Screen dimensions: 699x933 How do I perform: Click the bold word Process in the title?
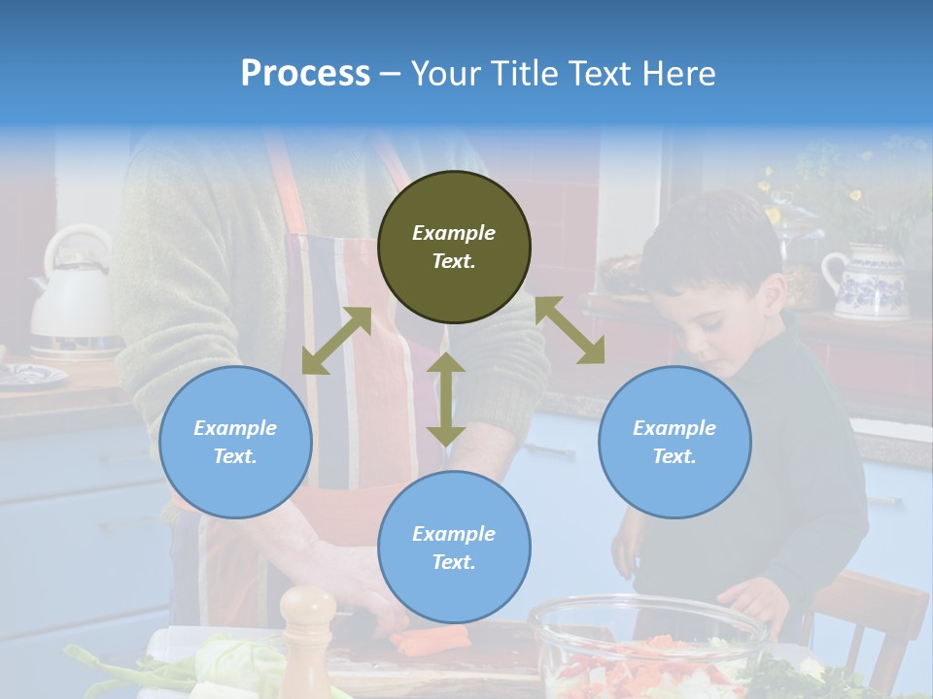[x=305, y=73]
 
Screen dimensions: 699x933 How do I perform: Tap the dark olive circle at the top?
[x=454, y=247]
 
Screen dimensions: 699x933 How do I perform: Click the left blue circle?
[x=235, y=442]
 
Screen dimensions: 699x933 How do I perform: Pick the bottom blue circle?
[x=454, y=548]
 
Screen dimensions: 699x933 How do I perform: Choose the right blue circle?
[x=674, y=442]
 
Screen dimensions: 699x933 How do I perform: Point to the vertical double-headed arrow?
[x=446, y=399]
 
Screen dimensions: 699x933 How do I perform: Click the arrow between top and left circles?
[x=336, y=341]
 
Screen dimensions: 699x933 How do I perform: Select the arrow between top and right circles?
[x=570, y=330]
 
